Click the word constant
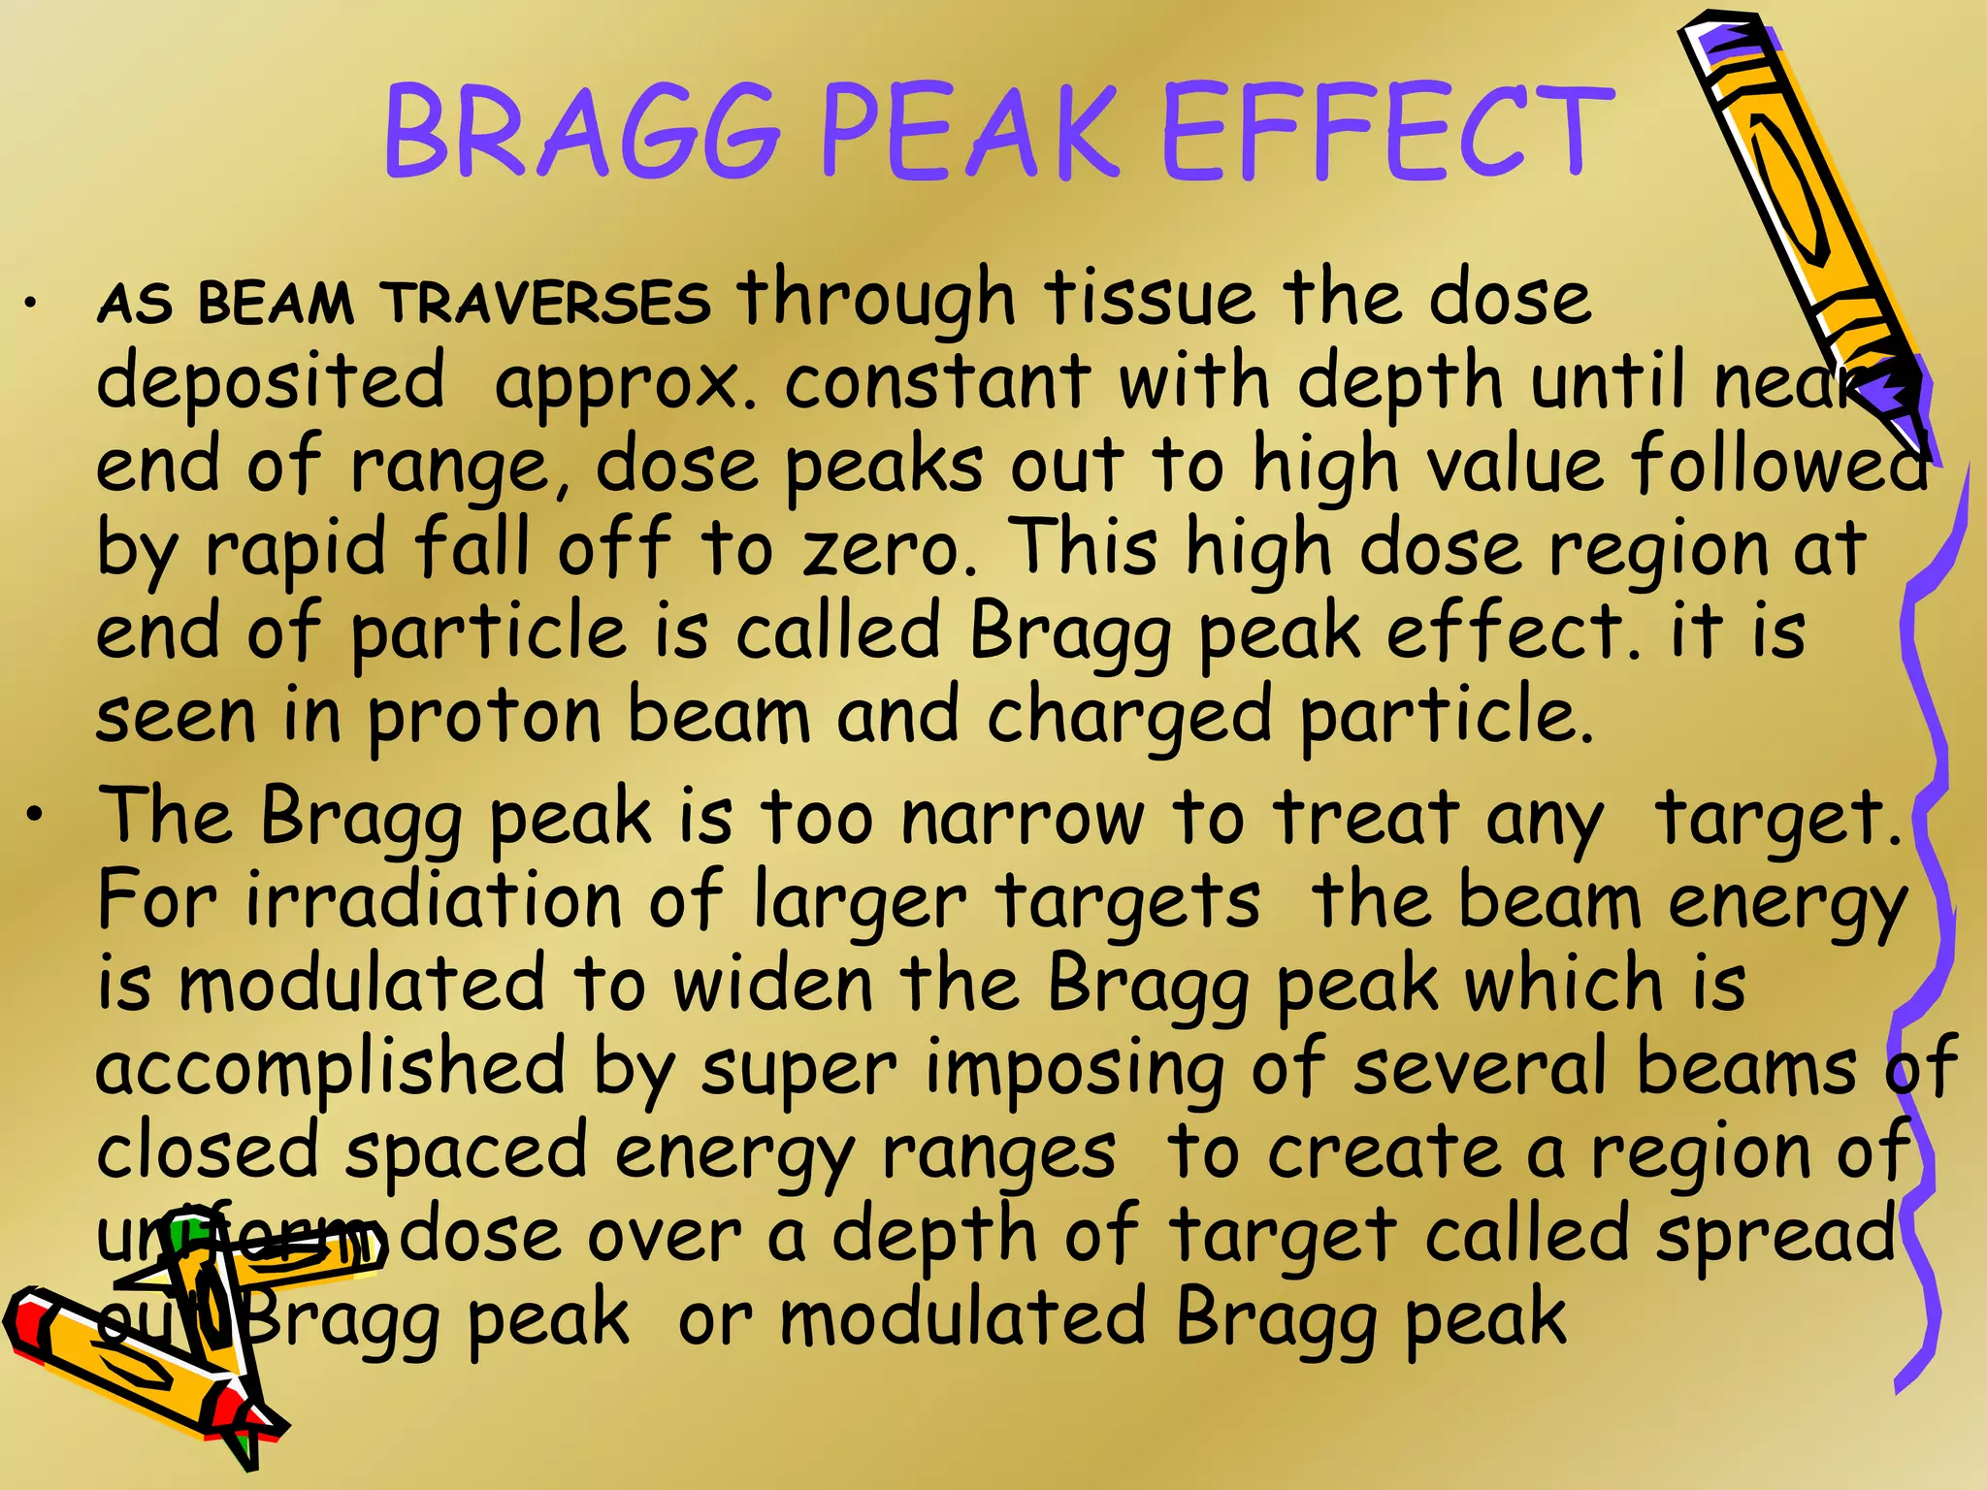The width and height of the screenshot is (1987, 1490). click(x=937, y=381)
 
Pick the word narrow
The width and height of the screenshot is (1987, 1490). click(x=1024, y=818)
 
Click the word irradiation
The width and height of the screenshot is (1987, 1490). click(x=433, y=900)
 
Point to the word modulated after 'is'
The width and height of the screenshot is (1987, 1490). click(x=364, y=984)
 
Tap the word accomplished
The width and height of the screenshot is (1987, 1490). click(x=331, y=1067)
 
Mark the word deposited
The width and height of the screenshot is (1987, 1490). click(x=271, y=381)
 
